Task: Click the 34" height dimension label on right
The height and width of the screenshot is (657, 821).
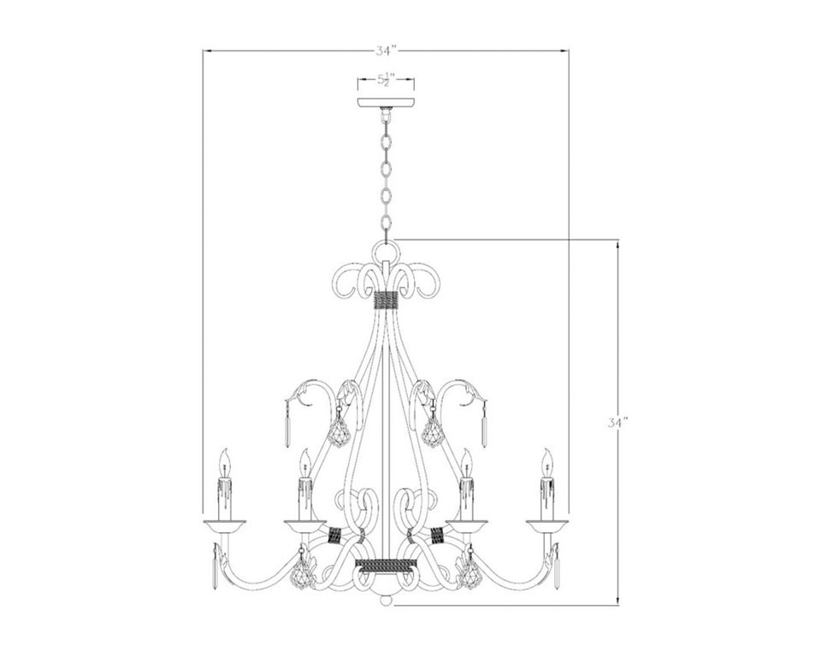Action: [x=618, y=423]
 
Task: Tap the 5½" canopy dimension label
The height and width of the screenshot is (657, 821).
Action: [x=386, y=80]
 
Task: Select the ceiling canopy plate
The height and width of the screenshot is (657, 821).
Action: [x=386, y=102]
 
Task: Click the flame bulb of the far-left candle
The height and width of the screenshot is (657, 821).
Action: [x=225, y=462]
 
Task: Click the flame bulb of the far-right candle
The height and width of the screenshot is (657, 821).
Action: [x=547, y=462]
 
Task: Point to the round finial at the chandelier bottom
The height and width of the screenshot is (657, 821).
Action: [x=386, y=599]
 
